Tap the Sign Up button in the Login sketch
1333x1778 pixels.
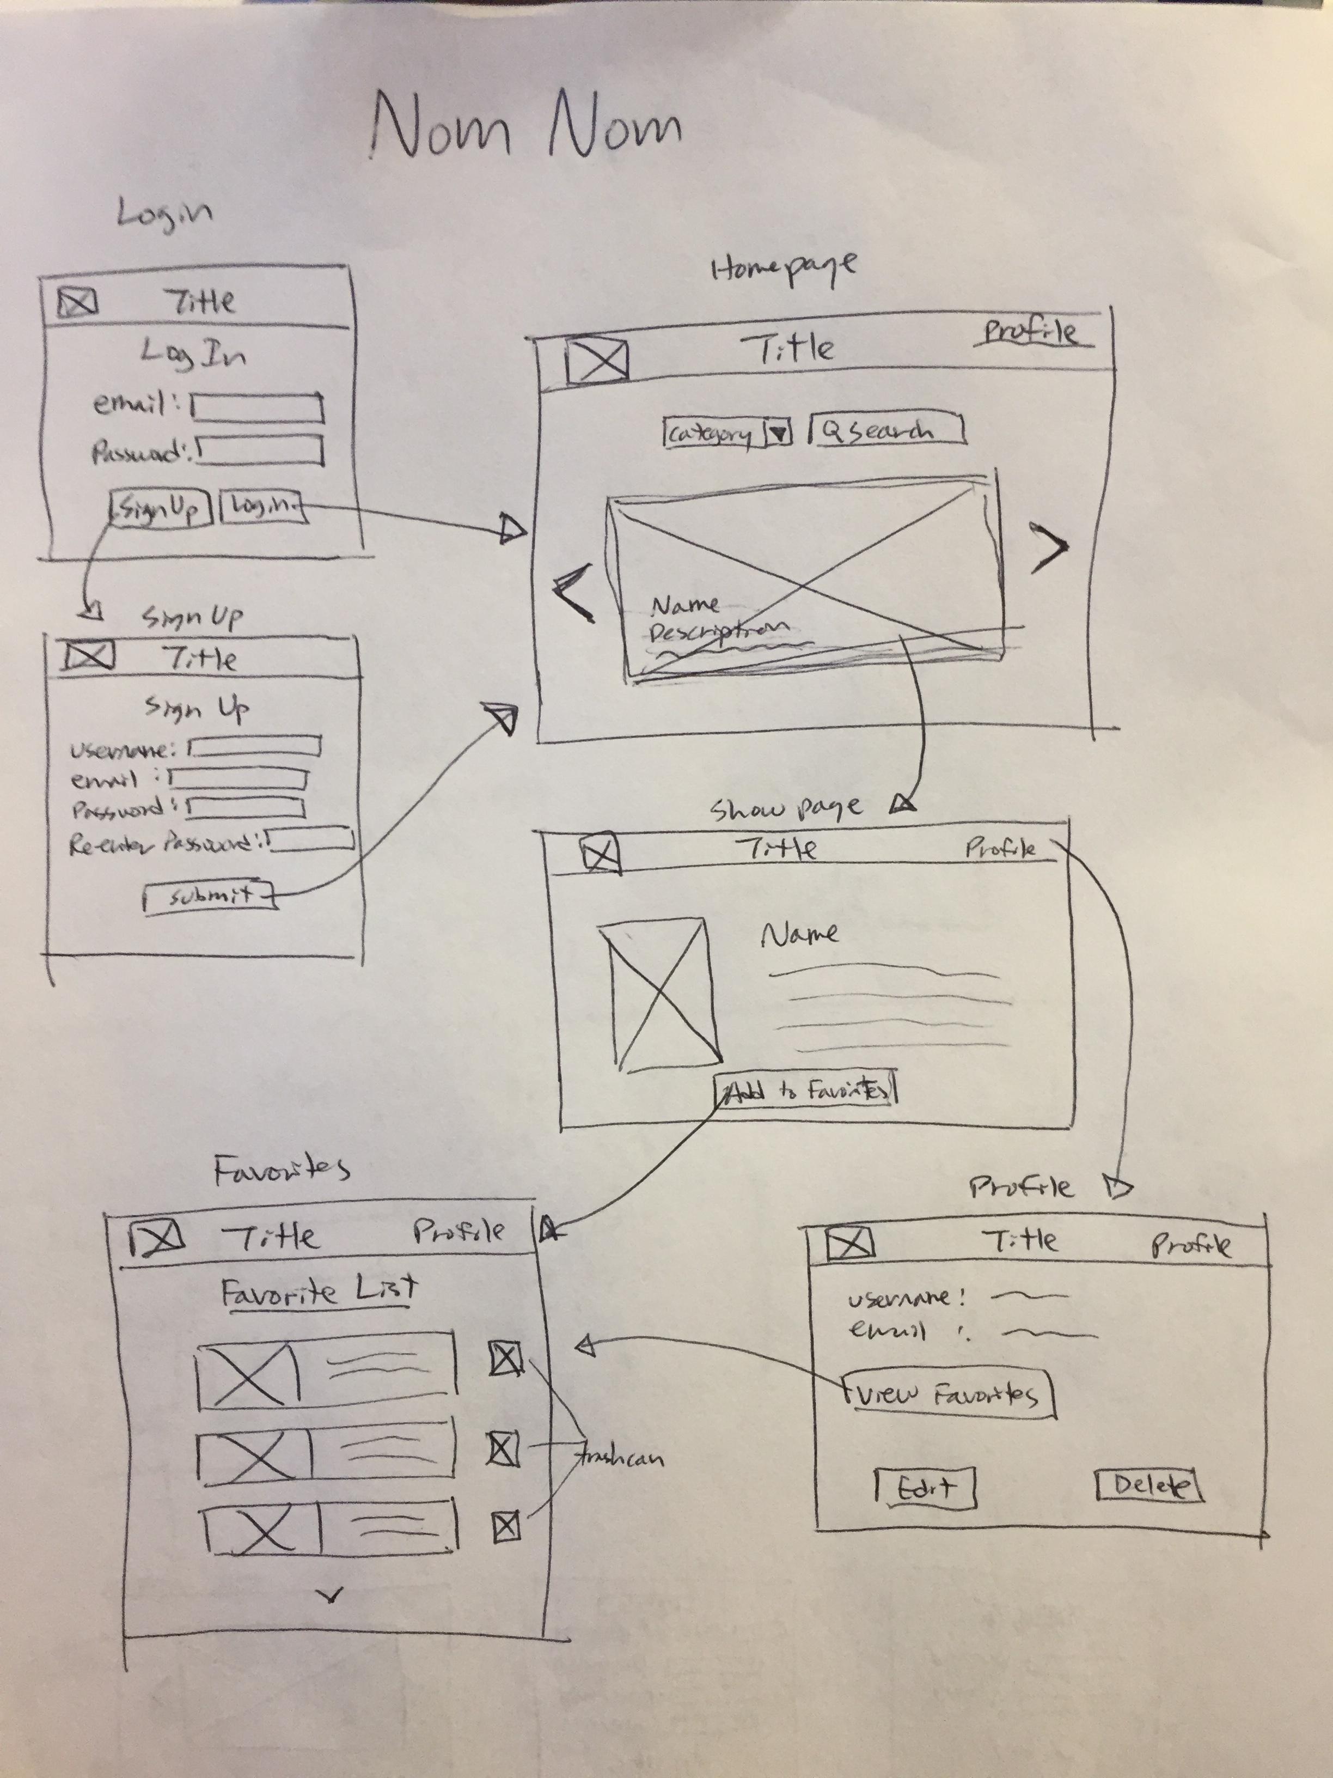tap(160, 508)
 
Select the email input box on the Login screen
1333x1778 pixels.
tap(257, 407)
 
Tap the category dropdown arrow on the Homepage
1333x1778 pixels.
tap(778, 433)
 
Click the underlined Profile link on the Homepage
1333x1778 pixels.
tap(1031, 332)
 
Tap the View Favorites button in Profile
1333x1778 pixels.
tap(948, 1396)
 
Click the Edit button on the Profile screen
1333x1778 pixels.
tap(925, 1488)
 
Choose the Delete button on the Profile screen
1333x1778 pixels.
tap(1149, 1486)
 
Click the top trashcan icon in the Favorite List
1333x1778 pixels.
tap(505, 1359)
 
